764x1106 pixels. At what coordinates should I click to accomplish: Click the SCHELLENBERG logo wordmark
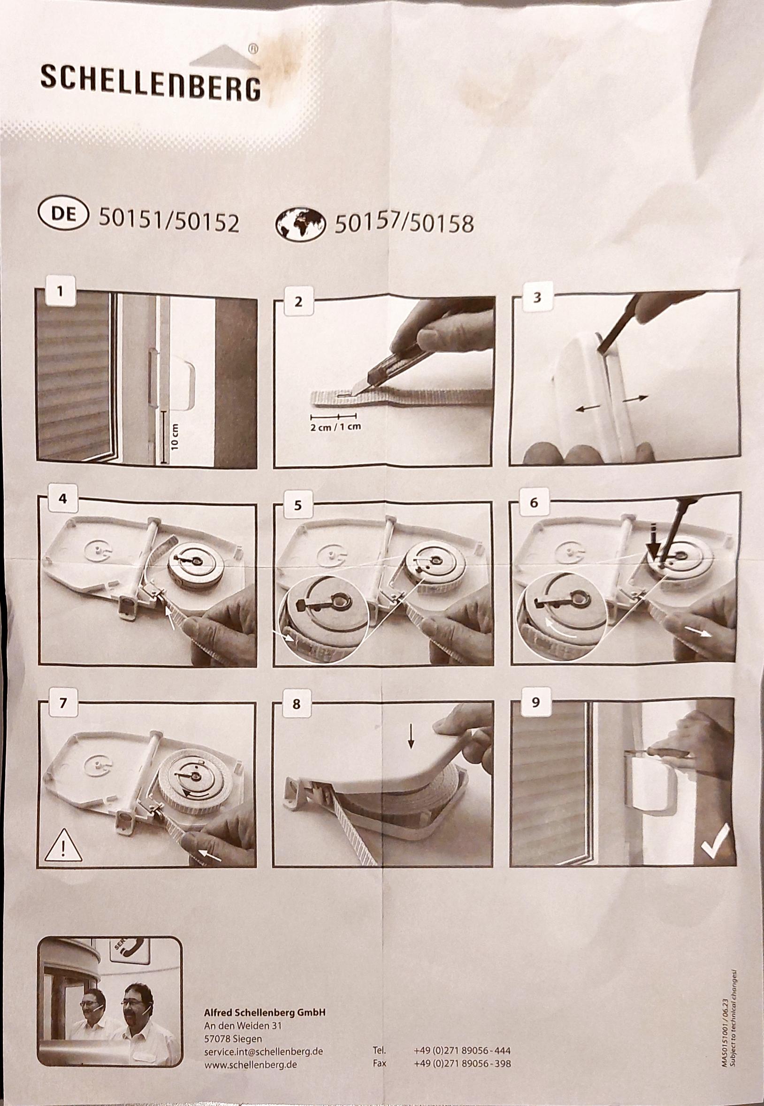151,83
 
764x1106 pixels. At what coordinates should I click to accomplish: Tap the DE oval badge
63,214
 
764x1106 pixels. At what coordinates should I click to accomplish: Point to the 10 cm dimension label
175,437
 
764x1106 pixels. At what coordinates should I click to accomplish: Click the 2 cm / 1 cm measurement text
335,427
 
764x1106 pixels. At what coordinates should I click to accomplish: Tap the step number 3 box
536,297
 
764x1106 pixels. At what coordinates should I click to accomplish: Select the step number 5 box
298,506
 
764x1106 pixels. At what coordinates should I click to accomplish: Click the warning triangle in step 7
63,845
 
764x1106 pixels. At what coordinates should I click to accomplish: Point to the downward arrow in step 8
411,735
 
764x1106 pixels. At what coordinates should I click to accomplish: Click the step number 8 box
296,704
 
